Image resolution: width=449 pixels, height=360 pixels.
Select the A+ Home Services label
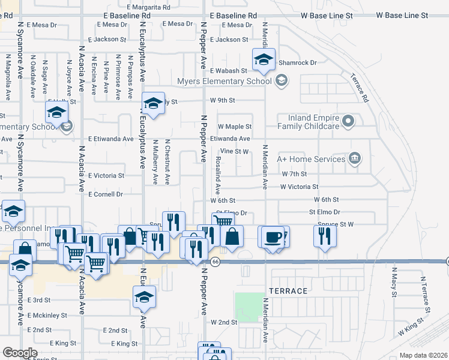tap(311, 159)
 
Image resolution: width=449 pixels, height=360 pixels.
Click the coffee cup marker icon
tap(273, 236)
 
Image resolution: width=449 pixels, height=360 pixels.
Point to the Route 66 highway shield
tap(214, 261)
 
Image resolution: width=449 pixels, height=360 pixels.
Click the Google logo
tap(20, 353)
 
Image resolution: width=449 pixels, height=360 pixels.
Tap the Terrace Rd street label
tap(363, 88)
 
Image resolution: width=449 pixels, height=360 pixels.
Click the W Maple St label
tap(234, 127)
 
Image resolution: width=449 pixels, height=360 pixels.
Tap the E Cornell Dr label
tap(105, 194)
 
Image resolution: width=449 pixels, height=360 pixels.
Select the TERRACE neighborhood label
tap(289, 291)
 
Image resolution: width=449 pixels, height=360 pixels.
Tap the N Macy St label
tap(394, 287)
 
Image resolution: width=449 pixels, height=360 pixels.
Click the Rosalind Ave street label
tap(218, 172)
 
